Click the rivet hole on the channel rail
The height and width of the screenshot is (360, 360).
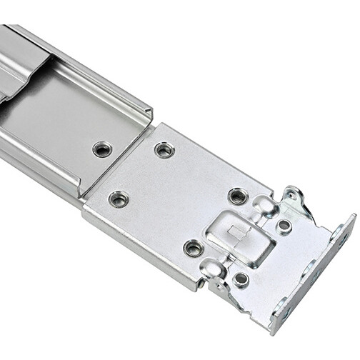pyautogui.click(x=102, y=149)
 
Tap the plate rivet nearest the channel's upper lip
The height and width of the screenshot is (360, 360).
pyautogui.click(x=165, y=150)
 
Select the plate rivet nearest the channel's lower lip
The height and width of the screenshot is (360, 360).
pyautogui.click(x=119, y=199)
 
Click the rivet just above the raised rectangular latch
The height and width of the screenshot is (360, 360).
pyautogui.click(x=238, y=196)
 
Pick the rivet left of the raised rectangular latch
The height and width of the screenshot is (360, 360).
pyautogui.click(x=194, y=248)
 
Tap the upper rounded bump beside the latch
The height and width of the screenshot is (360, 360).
pyautogui.click(x=266, y=207)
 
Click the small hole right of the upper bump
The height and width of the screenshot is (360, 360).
pyautogui.click(x=284, y=225)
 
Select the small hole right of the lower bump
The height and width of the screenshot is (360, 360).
pyautogui.click(x=241, y=279)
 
